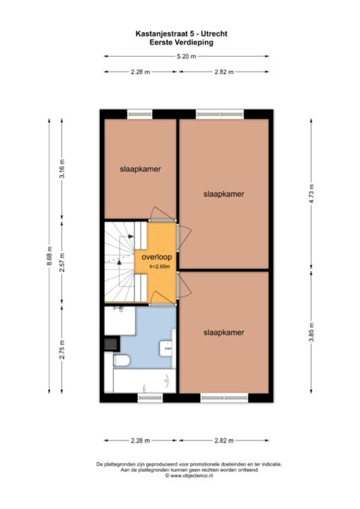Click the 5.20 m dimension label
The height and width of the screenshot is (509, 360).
(186, 57)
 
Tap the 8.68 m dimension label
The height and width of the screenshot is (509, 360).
(49, 256)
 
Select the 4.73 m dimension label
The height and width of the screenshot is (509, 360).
(312, 194)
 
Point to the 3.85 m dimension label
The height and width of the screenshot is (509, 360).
(312, 332)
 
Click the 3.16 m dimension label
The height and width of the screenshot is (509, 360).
(62, 168)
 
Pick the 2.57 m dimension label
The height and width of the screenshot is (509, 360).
(62, 262)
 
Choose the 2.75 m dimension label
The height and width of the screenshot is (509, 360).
(62, 350)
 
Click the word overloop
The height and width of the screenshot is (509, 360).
(157, 257)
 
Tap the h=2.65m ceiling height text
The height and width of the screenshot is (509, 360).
(160, 267)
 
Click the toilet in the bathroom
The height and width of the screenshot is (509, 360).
(121, 361)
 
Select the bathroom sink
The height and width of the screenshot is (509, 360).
(167, 349)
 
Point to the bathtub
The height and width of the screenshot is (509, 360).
(145, 381)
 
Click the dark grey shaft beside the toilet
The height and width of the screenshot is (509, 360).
(112, 344)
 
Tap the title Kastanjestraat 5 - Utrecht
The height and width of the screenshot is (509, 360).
(181, 34)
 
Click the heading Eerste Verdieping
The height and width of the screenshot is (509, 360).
(181, 42)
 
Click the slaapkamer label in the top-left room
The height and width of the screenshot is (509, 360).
(140, 169)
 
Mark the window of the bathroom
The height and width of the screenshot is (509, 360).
(151, 397)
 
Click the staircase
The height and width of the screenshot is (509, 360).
(126, 262)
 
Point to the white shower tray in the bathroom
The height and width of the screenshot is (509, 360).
(120, 320)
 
